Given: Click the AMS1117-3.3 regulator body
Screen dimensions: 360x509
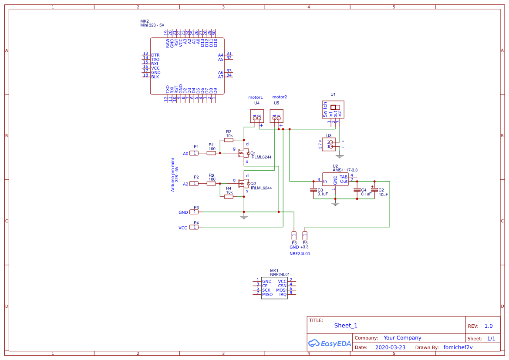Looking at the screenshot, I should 335,179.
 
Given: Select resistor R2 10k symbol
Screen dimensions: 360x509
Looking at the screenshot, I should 229,140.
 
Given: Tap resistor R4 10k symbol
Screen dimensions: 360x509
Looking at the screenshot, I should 229,197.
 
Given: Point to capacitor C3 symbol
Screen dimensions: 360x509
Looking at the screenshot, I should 313,190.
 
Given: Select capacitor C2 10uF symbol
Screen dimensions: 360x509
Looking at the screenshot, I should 374,190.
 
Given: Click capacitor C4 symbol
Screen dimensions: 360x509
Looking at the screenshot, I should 357,190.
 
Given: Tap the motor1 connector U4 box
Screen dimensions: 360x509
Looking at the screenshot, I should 257,116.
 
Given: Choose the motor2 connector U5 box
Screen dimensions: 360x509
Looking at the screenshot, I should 276,116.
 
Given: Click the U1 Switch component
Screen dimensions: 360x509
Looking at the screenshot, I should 333,110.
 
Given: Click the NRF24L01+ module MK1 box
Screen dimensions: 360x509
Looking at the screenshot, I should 274,288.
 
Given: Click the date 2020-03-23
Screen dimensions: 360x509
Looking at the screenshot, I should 390,347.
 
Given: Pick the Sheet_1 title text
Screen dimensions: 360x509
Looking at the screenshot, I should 346,326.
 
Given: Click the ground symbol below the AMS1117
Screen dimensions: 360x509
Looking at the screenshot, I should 335,203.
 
